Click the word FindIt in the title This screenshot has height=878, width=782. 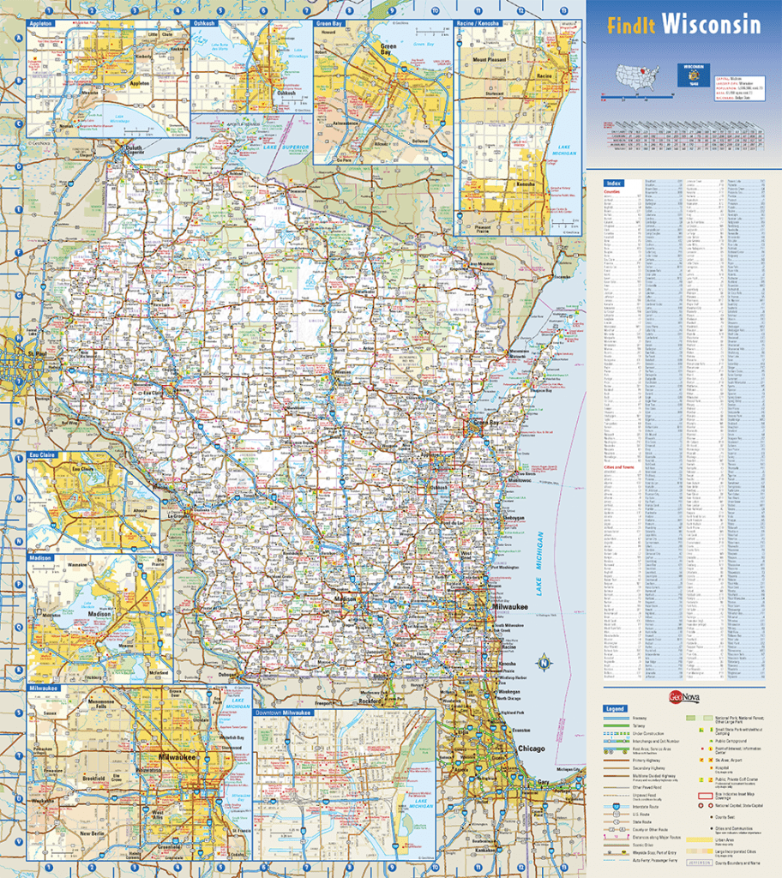pyautogui.click(x=633, y=26)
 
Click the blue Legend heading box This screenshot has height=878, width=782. pyautogui.click(x=615, y=709)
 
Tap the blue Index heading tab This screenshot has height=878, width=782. pyautogui.click(x=614, y=183)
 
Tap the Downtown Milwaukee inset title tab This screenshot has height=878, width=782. pyautogui.click(x=284, y=713)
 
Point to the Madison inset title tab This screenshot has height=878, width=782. pyautogui.click(x=40, y=558)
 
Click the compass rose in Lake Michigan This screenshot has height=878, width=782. pyautogui.click(x=543, y=661)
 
